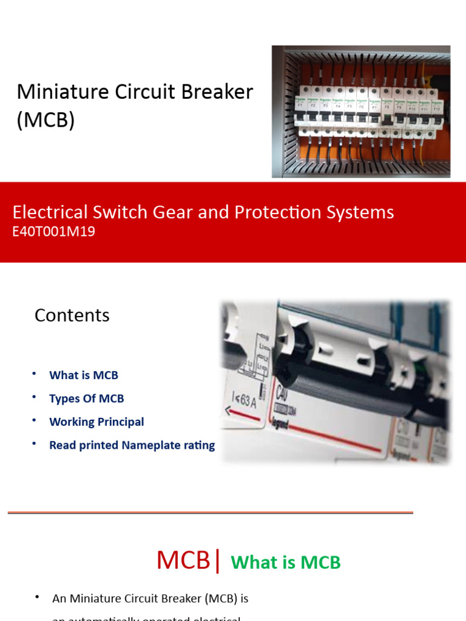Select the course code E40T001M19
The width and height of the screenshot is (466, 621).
click(x=54, y=231)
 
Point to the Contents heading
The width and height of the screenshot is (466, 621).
click(x=72, y=315)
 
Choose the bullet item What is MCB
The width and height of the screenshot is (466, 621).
click(x=84, y=375)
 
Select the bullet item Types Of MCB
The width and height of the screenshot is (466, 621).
click(x=86, y=398)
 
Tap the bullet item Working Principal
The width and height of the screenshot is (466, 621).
click(x=96, y=421)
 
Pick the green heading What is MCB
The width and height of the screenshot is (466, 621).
click(x=286, y=562)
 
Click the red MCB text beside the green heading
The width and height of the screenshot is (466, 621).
click(x=183, y=560)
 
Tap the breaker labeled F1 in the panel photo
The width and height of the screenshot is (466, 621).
click(x=300, y=106)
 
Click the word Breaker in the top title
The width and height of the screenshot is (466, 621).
click(x=217, y=92)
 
